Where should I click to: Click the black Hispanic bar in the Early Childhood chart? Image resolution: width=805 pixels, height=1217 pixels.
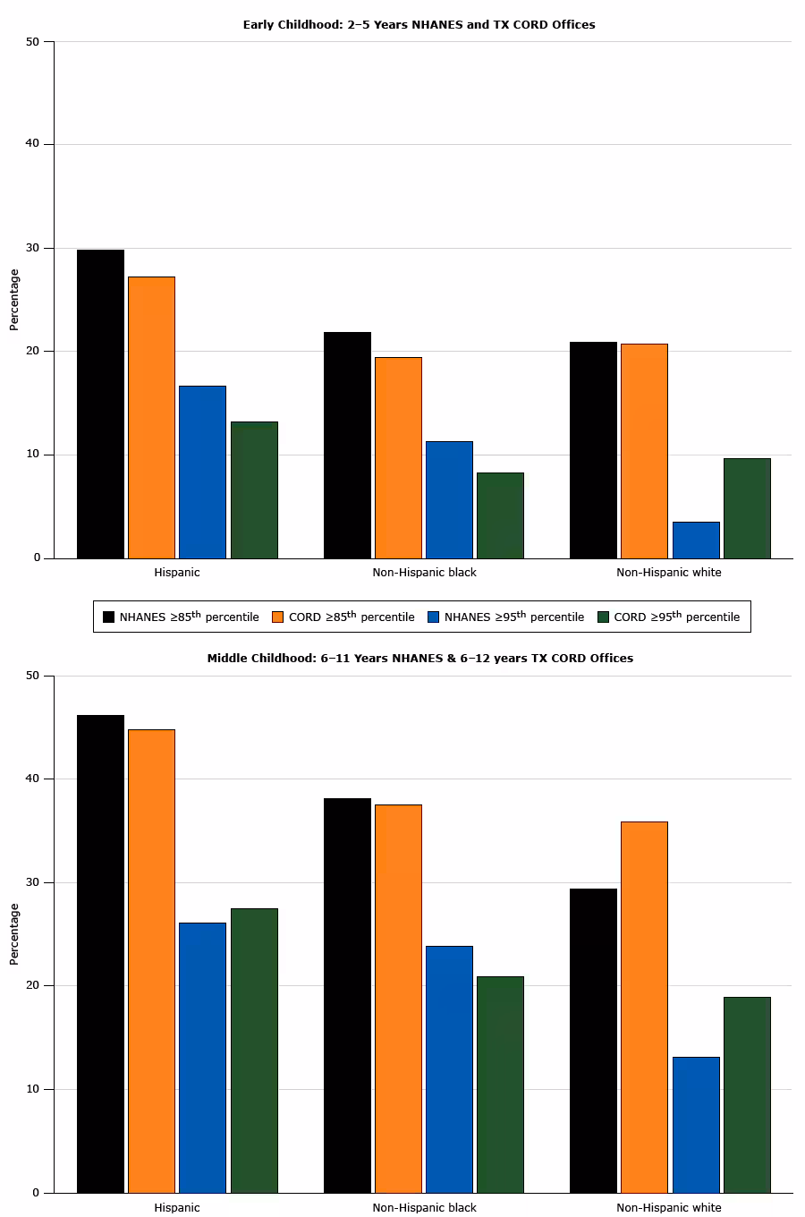coord(100,404)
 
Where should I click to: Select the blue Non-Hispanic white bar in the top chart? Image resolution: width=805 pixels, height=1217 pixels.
coord(696,540)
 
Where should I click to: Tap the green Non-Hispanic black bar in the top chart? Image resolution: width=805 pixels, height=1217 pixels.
coord(500,515)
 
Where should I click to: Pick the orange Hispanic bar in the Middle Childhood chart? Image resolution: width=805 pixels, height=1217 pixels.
coord(151,960)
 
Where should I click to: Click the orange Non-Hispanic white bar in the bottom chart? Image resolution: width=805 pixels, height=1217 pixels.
coord(644,1007)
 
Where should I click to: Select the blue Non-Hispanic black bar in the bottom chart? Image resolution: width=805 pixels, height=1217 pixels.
coord(449,1068)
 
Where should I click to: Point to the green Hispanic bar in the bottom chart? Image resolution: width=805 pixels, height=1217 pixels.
coord(254,1050)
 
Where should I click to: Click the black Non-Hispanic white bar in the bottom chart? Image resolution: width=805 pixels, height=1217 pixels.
coord(593,1040)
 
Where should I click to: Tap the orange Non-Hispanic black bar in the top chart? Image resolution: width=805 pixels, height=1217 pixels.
coord(398,457)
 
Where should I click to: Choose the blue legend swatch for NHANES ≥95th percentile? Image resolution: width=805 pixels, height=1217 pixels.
coord(434,617)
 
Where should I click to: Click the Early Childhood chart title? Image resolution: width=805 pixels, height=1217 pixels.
coord(419,25)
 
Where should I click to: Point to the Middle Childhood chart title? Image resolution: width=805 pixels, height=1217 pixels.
coord(419,658)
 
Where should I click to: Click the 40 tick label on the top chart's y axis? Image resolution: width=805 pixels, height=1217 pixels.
coord(33,144)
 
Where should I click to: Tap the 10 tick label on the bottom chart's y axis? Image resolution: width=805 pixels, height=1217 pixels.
coord(33,1089)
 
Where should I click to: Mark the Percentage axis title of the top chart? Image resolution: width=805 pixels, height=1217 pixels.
coord(13,300)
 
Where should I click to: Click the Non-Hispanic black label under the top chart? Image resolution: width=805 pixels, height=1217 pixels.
coord(424,572)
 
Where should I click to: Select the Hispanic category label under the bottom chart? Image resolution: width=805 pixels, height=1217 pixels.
coord(177,1207)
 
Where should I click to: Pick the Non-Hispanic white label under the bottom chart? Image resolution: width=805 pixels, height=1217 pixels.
coord(668,1207)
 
